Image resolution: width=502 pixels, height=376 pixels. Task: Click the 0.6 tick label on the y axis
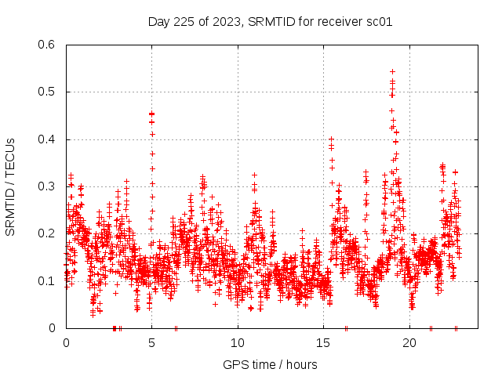pyautogui.click(x=46, y=45)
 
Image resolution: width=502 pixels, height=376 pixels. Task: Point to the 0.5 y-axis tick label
pyautogui.click(x=46, y=92)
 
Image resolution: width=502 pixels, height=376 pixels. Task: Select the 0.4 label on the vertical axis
pyautogui.click(x=46, y=139)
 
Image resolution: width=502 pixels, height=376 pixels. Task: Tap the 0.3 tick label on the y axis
pyautogui.click(x=46, y=186)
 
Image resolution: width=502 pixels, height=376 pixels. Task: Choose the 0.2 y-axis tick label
pyautogui.click(x=46, y=233)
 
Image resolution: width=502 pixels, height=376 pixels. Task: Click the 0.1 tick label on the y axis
pyautogui.click(x=46, y=280)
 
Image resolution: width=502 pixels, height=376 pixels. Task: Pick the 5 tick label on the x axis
pyautogui.click(x=152, y=342)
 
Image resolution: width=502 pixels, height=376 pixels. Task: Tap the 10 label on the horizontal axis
pyautogui.click(x=238, y=342)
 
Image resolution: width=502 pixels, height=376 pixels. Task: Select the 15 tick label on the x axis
pyautogui.click(x=324, y=342)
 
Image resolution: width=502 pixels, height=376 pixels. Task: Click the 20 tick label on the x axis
pyautogui.click(x=409, y=342)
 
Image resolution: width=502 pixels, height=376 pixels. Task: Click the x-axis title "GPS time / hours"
pyautogui.click(x=270, y=364)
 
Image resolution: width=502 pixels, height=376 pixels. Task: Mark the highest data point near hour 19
pyautogui.click(x=392, y=71)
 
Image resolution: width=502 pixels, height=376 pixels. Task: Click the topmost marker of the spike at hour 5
pyautogui.click(x=152, y=114)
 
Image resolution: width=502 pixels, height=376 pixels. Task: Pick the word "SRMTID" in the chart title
pyautogui.click(x=272, y=22)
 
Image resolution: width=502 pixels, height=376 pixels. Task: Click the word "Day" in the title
pyautogui.click(x=159, y=22)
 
